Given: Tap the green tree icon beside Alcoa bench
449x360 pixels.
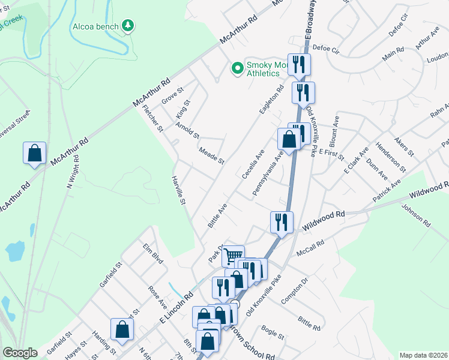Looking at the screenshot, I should tap(127, 25).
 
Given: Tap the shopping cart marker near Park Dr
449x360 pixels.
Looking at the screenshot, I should tap(233, 256).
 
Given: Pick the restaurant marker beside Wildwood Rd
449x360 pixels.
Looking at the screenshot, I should tap(281, 221).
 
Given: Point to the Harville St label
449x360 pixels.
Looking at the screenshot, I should tap(178, 192).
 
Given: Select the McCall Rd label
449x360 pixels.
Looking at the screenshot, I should tap(311, 247).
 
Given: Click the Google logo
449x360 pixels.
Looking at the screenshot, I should tap(20, 353).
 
